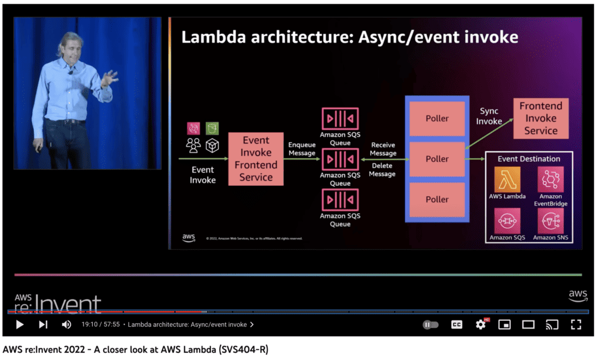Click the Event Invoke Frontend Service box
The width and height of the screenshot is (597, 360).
[x=255, y=159]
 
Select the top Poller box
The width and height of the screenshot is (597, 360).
[x=437, y=118]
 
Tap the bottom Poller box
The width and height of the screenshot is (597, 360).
[x=437, y=199]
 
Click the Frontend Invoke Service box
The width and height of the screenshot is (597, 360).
[x=540, y=118]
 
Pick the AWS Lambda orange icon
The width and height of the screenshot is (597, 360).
[x=507, y=179]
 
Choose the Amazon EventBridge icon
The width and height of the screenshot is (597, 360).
[x=550, y=179]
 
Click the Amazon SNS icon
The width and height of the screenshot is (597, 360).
[x=550, y=221]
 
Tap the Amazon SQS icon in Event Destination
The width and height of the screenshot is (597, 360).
[x=507, y=221]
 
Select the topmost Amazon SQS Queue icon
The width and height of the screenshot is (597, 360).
[x=340, y=119]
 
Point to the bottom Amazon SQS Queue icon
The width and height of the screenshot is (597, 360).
[x=340, y=200]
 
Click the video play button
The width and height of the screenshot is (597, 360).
[x=20, y=324]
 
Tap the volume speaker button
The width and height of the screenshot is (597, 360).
[x=66, y=324]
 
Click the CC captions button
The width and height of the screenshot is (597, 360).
[x=456, y=324]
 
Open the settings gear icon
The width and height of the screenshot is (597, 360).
[x=481, y=324]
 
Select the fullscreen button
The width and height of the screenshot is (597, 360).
[x=575, y=324]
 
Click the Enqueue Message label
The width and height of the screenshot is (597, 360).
[x=302, y=149]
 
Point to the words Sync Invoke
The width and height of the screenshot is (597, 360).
[x=489, y=116]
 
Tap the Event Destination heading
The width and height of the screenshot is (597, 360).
[x=529, y=158]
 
